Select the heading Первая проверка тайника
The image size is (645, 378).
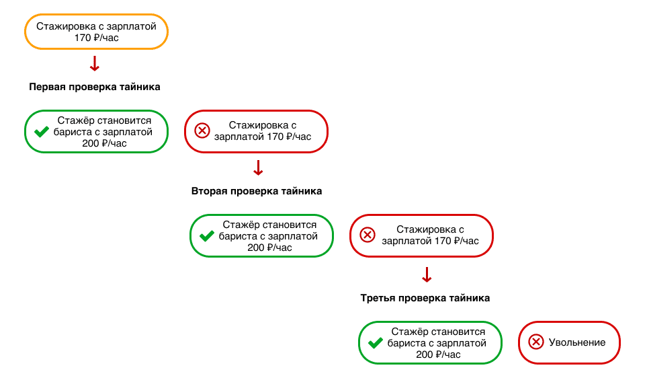[x=95, y=87]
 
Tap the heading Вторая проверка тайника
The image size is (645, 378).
[x=257, y=191]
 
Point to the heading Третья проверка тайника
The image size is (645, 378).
[x=425, y=298]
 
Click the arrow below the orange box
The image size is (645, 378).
[x=95, y=64]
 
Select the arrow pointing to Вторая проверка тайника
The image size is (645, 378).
[x=258, y=168]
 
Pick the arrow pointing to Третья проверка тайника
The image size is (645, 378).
[x=427, y=274]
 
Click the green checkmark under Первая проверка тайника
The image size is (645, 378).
[x=42, y=132]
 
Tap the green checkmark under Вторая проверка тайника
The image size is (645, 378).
[x=206, y=236]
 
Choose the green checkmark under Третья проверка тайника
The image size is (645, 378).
[x=375, y=343]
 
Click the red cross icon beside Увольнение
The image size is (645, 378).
[x=536, y=342]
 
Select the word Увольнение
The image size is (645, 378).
[x=577, y=342]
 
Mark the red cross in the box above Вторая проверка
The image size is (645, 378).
[x=202, y=131]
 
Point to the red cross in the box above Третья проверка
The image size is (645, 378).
[x=368, y=235]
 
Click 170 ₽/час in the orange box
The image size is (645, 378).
[x=96, y=38]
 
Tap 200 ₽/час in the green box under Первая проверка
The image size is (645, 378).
[x=105, y=143]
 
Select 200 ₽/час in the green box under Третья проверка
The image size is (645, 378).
[x=438, y=354]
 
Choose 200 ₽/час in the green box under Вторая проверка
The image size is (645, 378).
[x=269, y=248]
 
